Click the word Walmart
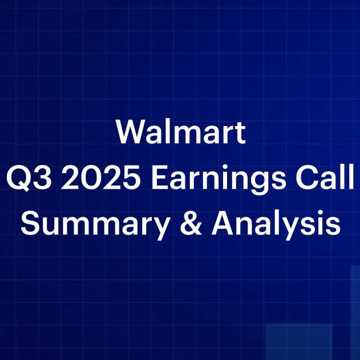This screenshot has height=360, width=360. pyautogui.click(x=181, y=132)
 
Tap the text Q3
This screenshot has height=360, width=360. pyautogui.click(x=29, y=177)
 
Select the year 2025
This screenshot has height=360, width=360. pyautogui.click(x=100, y=177)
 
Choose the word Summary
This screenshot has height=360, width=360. pyautogui.click(x=95, y=223)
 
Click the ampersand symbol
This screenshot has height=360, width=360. pyautogui.click(x=191, y=222)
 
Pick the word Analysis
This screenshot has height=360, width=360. pyautogui.click(x=276, y=223)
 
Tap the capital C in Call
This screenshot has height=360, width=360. pyautogui.click(x=306, y=177)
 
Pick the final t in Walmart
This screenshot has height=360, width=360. pyautogui.click(x=240, y=134)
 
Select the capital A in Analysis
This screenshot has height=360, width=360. pyautogui.click(x=223, y=222)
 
